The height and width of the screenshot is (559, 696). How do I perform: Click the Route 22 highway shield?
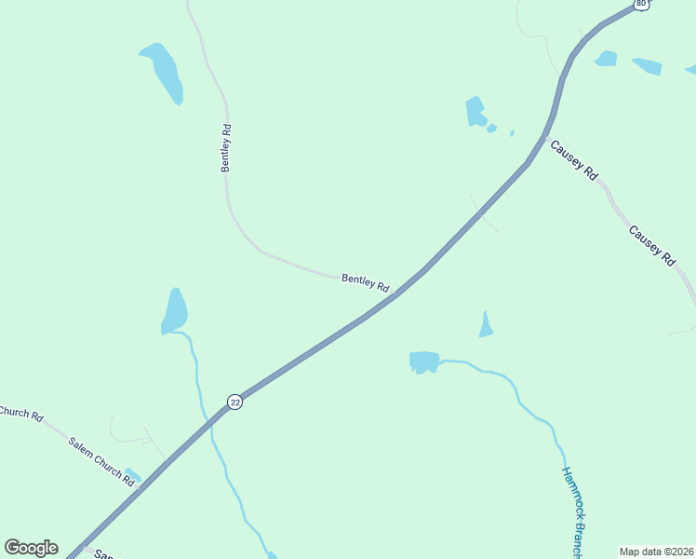[234, 402]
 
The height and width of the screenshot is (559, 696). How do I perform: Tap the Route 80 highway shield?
[641, 4]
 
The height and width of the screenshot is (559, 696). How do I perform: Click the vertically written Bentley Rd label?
[226, 147]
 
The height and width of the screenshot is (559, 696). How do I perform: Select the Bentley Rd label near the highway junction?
[365, 282]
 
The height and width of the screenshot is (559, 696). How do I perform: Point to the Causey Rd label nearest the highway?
[572, 159]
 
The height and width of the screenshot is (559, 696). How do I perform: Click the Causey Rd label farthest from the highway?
[651, 246]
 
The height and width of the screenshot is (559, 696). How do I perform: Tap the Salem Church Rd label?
[101, 459]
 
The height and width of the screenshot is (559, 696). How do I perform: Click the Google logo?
[31, 548]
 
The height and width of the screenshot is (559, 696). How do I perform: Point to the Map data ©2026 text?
[656, 552]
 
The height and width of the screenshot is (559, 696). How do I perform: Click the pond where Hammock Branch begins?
[423, 361]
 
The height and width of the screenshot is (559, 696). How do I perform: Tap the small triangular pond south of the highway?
[485, 325]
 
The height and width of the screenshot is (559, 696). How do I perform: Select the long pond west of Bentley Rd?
[164, 70]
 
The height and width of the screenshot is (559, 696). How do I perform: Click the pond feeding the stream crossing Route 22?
[174, 310]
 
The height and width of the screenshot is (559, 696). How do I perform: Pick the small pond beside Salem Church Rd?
[132, 475]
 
